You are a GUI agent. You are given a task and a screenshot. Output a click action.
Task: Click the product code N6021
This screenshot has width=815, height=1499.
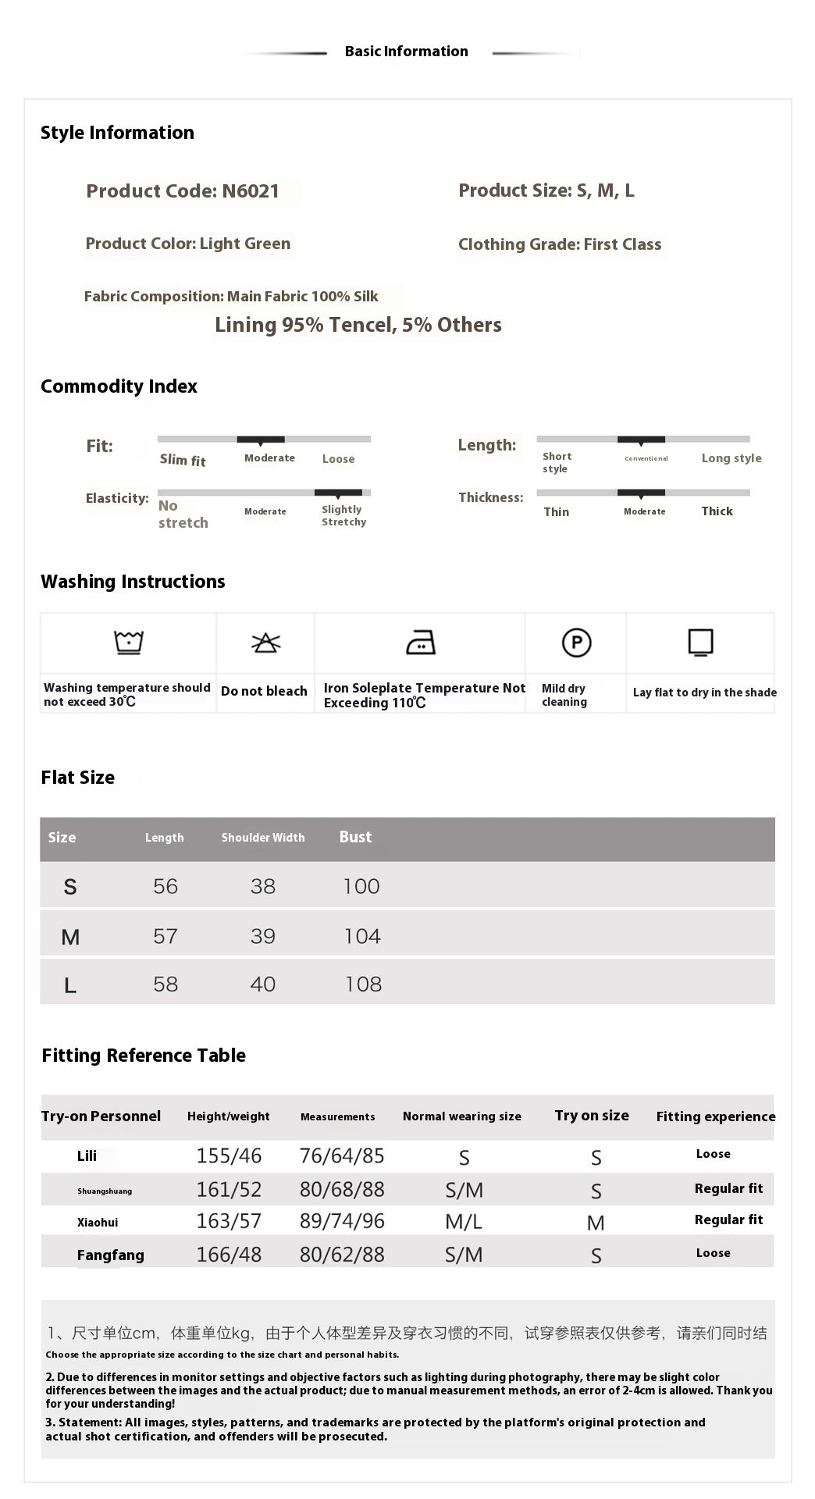pyautogui.click(x=250, y=191)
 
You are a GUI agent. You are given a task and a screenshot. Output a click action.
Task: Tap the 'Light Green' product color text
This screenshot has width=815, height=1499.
pyautogui.click(x=244, y=244)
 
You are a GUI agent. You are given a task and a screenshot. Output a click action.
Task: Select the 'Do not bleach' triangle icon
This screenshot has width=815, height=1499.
pyautogui.click(x=265, y=643)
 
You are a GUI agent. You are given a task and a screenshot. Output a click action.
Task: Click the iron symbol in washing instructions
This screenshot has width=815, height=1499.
pyautogui.click(x=421, y=643)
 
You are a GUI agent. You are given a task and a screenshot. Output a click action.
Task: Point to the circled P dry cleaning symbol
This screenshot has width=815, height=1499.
pyautogui.click(x=576, y=643)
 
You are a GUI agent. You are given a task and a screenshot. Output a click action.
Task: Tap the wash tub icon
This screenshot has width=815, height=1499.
pyautogui.click(x=129, y=643)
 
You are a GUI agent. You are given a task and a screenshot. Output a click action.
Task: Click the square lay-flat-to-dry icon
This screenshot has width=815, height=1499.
pyautogui.click(x=700, y=643)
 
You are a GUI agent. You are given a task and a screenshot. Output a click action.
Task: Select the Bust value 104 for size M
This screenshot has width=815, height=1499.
pyautogui.click(x=362, y=936)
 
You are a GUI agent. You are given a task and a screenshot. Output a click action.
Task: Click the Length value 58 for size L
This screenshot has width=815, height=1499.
pyautogui.click(x=165, y=984)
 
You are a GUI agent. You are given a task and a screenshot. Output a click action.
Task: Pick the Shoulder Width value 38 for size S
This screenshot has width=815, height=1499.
pyautogui.click(x=263, y=886)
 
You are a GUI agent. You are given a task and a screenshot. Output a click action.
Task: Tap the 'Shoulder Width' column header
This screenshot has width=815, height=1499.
pyautogui.click(x=263, y=838)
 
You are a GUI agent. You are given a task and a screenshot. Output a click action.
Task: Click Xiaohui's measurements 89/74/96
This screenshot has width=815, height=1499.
pyautogui.click(x=342, y=1221)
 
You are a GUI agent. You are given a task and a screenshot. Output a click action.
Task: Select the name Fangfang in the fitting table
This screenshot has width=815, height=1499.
pyautogui.click(x=110, y=1255)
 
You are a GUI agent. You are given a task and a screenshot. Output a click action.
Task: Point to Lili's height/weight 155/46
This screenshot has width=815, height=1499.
pyautogui.click(x=229, y=1155)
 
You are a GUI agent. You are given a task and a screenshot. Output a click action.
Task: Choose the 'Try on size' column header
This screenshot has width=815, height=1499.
pyautogui.click(x=592, y=1116)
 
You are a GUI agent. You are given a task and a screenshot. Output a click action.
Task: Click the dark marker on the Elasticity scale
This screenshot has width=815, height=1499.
pyautogui.click(x=338, y=493)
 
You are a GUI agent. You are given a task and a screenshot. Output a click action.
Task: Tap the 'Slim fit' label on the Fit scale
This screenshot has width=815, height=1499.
pyautogui.click(x=183, y=460)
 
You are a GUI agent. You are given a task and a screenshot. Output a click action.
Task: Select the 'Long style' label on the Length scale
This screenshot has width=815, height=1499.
pyautogui.click(x=731, y=458)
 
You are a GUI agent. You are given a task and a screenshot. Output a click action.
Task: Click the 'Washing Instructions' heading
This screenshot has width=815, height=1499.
pyautogui.click(x=133, y=582)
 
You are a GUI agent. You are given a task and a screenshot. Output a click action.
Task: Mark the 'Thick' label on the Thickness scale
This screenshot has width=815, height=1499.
pyautogui.click(x=717, y=511)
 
